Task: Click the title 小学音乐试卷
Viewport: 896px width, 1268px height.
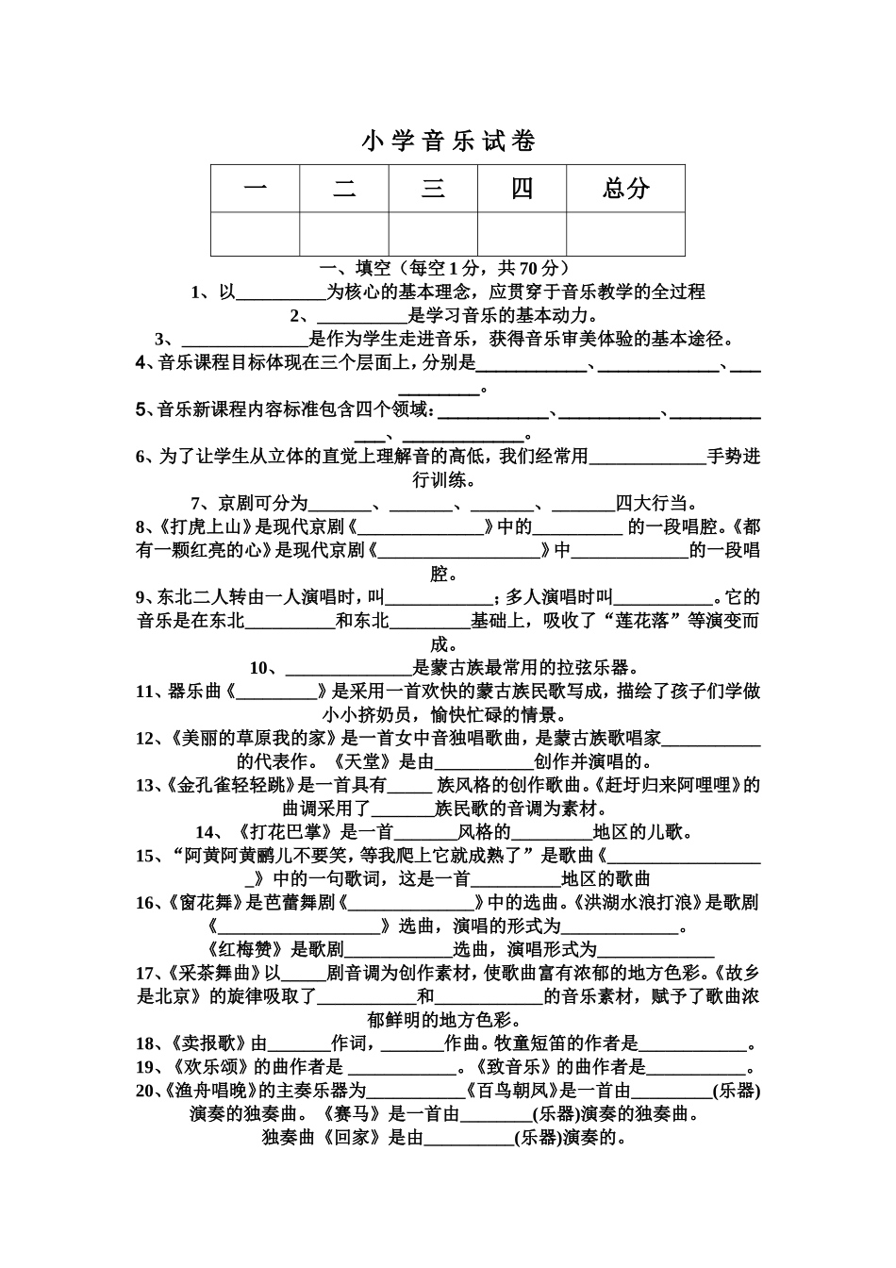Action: pyautogui.click(x=448, y=142)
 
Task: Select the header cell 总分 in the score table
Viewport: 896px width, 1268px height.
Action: pyautogui.click(x=625, y=188)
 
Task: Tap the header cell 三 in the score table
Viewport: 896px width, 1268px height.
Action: pyautogui.click(x=433, y=188)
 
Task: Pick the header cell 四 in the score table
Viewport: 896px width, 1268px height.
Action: pyautogui.click(x=522, y=188)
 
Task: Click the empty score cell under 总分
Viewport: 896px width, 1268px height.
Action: pyautogui.click(x=625, y=233)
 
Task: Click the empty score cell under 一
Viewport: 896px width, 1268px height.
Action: pyautogui.click(x=255, y=233)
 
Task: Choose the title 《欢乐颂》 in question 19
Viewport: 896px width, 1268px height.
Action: pyautogui.click(x=211, y=1067)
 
